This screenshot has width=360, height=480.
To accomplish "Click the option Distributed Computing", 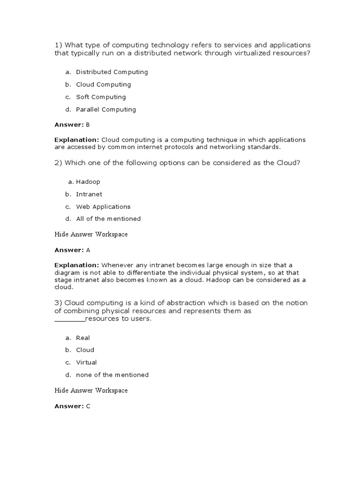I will [112, 72].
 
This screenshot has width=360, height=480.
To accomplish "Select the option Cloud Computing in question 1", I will [103, 85].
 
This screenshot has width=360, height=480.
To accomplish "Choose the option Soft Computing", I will [101, 97].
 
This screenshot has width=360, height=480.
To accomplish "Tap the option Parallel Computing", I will [106, 110].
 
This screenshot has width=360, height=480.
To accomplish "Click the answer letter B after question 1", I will [88, 125].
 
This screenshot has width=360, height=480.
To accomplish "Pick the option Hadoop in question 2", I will [88, 182].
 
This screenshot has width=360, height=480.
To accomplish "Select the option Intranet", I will [89, 194].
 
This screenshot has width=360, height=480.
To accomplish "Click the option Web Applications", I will [103, 207].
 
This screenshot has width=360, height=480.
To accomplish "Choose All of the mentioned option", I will [108, 219].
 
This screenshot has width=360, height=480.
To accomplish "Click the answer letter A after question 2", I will [88, 250].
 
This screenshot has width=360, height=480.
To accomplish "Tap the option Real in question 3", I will [83, 338].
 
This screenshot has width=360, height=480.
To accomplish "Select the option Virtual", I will [86, 362].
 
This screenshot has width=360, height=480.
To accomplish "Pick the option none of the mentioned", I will [112, 375].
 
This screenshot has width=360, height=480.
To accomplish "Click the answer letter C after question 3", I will [88, 406].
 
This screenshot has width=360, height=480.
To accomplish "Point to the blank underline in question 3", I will [69, 320].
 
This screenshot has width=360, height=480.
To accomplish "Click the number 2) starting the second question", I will [59, 162].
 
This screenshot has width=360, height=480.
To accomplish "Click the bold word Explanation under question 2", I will [77, 265].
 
